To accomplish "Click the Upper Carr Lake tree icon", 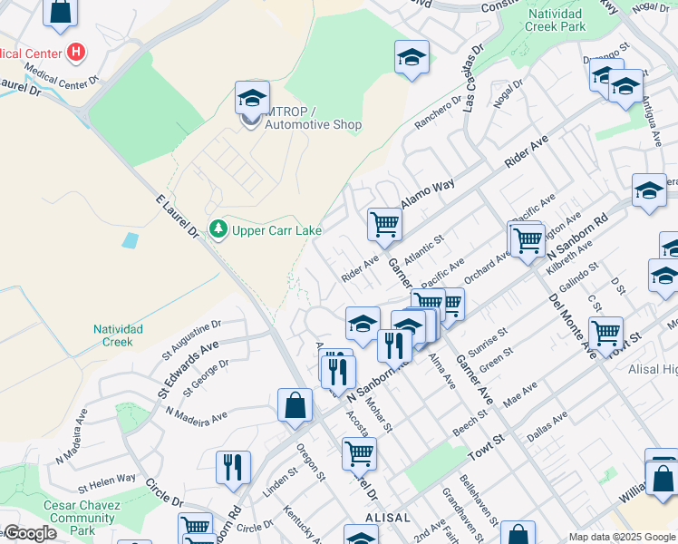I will [218, 230].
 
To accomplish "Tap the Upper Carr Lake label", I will [276, 231].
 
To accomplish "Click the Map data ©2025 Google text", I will [622, 537].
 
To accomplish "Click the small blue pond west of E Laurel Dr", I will [131, 240].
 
